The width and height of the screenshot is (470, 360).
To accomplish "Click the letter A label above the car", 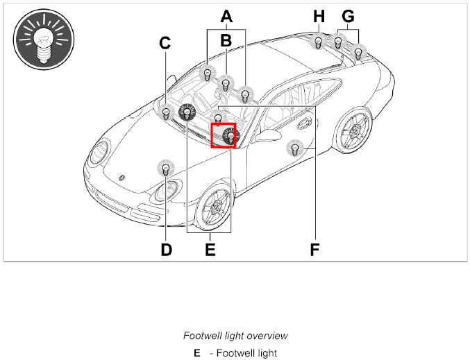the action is (226, 15).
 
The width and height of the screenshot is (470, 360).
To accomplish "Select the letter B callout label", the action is (226, 41).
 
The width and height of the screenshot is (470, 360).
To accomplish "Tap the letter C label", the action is (165, 43).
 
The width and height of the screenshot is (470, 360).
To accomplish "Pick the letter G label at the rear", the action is (348, 15).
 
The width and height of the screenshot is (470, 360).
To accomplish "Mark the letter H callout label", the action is (319, 15).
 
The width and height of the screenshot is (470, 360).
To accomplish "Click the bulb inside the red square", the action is (228, 136).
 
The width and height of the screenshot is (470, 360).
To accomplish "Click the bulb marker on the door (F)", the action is (294, 148).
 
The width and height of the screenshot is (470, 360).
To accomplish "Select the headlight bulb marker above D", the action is (165, 168).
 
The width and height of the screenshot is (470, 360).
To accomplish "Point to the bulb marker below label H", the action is (318, 42).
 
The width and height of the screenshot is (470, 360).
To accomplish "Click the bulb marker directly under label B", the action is (225, 84).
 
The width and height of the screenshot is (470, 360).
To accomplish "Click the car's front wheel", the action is (213, 205).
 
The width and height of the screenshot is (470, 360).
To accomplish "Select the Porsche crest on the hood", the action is (124, 178).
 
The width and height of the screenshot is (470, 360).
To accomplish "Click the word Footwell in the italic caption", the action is (201, 336).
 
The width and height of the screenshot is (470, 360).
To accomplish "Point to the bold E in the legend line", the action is (197, 353).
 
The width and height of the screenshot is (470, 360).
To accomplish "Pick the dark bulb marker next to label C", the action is (187, 111).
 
